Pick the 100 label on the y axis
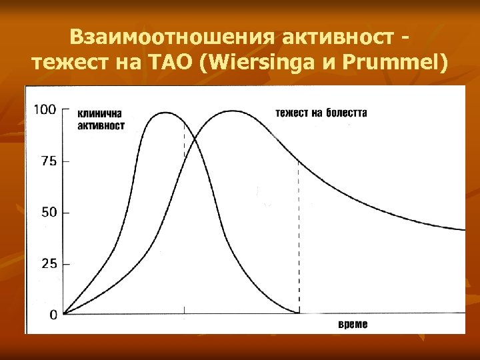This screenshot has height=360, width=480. point(45,109)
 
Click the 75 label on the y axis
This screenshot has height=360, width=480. point(49,161)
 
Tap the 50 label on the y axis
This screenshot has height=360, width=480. point(49,213)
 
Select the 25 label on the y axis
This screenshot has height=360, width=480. point(49,264)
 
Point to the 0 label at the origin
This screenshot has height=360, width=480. point(53,315)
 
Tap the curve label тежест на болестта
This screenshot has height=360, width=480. point(321,113)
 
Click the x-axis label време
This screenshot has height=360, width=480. point(353,325)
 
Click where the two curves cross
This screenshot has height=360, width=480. point(194,139)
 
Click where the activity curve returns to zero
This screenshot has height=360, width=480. point(299,313)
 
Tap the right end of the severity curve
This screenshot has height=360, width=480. point(464,229)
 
